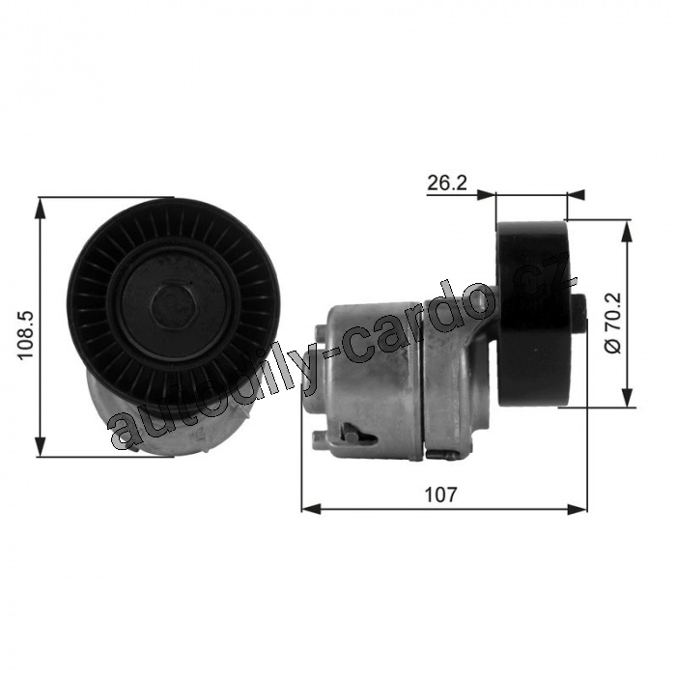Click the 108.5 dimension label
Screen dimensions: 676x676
click(x=25, y=335)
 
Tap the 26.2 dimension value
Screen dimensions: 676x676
click(x=447, y=183)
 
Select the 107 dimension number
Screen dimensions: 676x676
click(x=440, y=494)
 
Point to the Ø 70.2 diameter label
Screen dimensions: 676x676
click(x=612, y=323)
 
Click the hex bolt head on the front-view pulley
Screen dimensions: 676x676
click(x=175, y=307)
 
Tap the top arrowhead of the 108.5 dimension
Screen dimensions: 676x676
click(x=41, y=208)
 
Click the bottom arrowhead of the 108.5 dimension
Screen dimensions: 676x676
click(x=41, y=446)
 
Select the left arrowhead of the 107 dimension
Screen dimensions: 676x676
click(x=311, y=509)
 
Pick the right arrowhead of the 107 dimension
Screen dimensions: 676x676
click(x=577, y=509)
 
